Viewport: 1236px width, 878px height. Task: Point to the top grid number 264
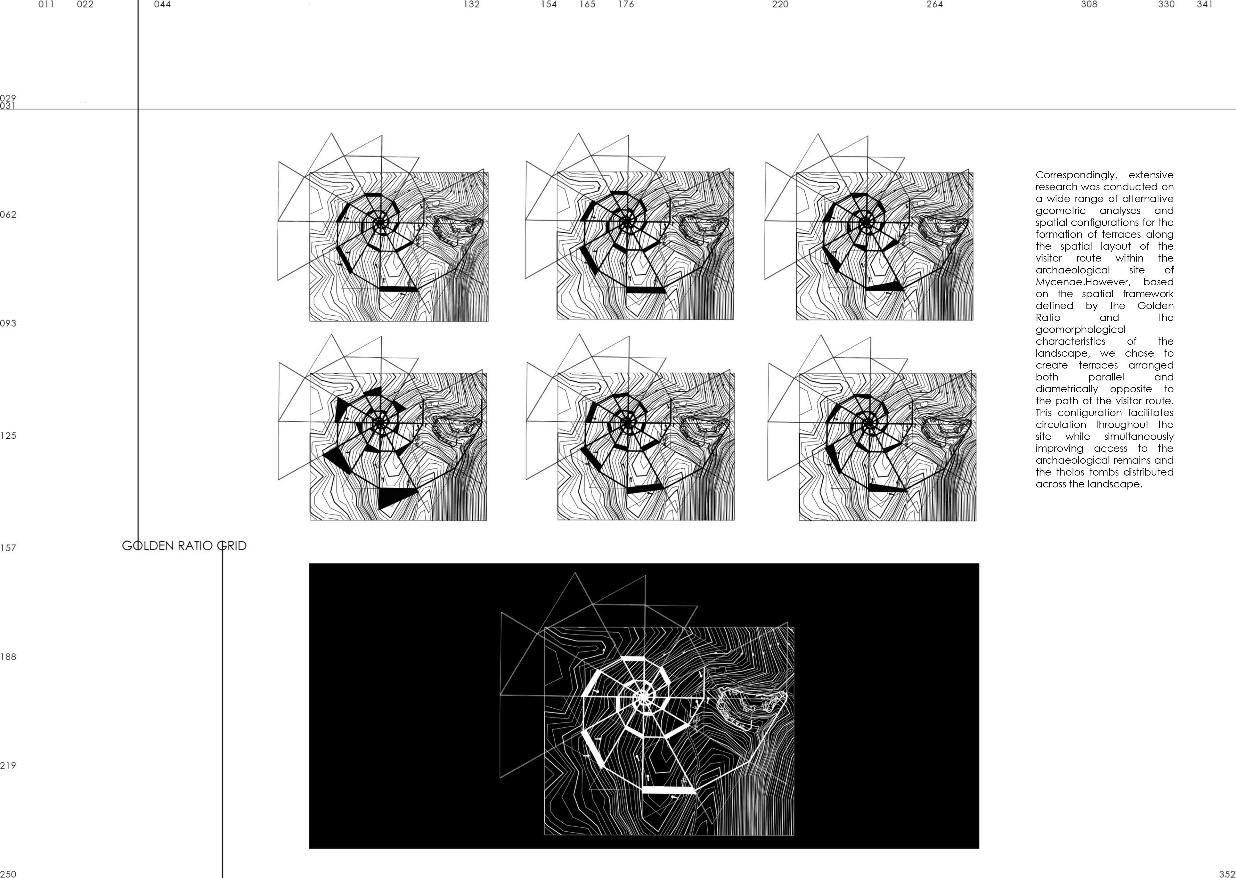[x=934, y=4]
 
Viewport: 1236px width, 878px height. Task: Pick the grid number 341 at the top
[x=1205, y=4]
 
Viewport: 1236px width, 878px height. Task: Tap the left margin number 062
[x=8, y=215]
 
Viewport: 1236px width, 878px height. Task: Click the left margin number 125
[x=8, y=436]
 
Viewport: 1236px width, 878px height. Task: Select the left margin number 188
[x=8, y=657]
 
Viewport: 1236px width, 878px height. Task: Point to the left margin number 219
[x=8, y=766]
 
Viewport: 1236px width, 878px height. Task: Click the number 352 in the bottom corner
[x=1227, y=874]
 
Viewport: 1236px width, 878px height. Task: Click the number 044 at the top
[x=162, y=4]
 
